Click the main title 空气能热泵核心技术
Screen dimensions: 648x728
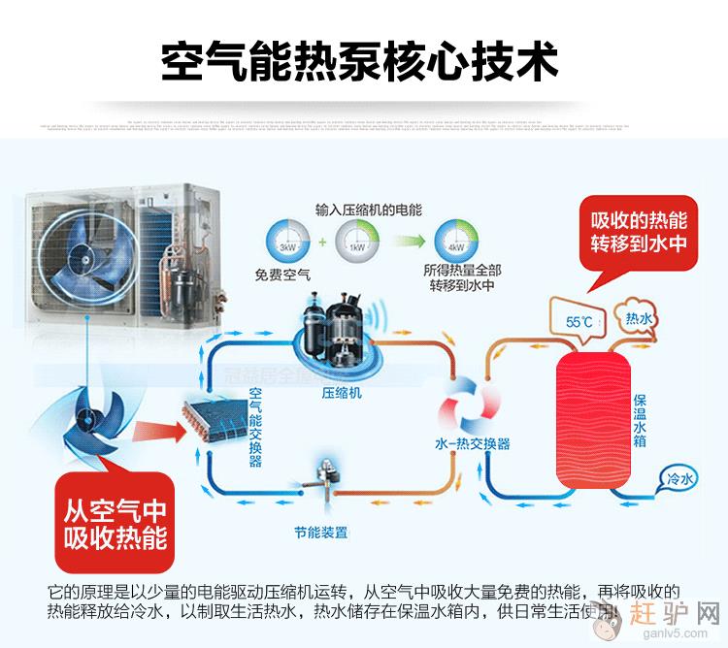(361, 61)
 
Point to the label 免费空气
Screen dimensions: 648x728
(282, 275)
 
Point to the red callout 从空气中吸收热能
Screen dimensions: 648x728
(116, 524)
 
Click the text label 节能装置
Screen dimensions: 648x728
(321, 533)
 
